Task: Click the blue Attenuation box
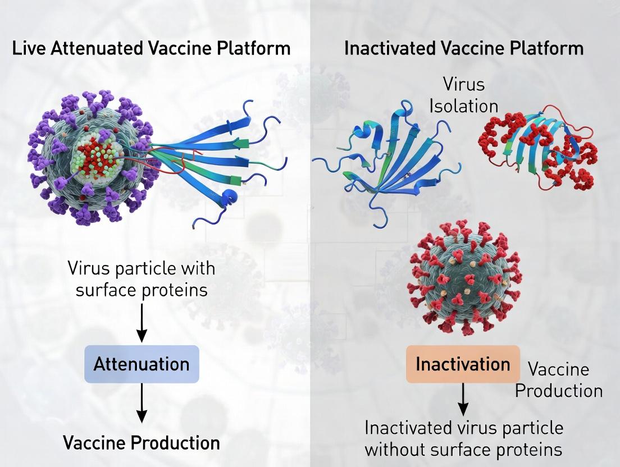(142, 364)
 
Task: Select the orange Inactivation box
(463, 364)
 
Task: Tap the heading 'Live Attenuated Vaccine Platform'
(151, 48)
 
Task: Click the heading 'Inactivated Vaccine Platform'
(464, 48)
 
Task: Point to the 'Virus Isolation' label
(464, 95)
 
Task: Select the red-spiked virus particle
(466, 278)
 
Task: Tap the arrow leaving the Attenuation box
(142, 403)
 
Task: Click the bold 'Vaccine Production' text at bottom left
(142, 442)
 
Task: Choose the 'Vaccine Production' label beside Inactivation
(559, 380)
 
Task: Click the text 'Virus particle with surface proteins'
(142, 278)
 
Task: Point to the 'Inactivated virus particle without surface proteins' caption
(464, 438)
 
